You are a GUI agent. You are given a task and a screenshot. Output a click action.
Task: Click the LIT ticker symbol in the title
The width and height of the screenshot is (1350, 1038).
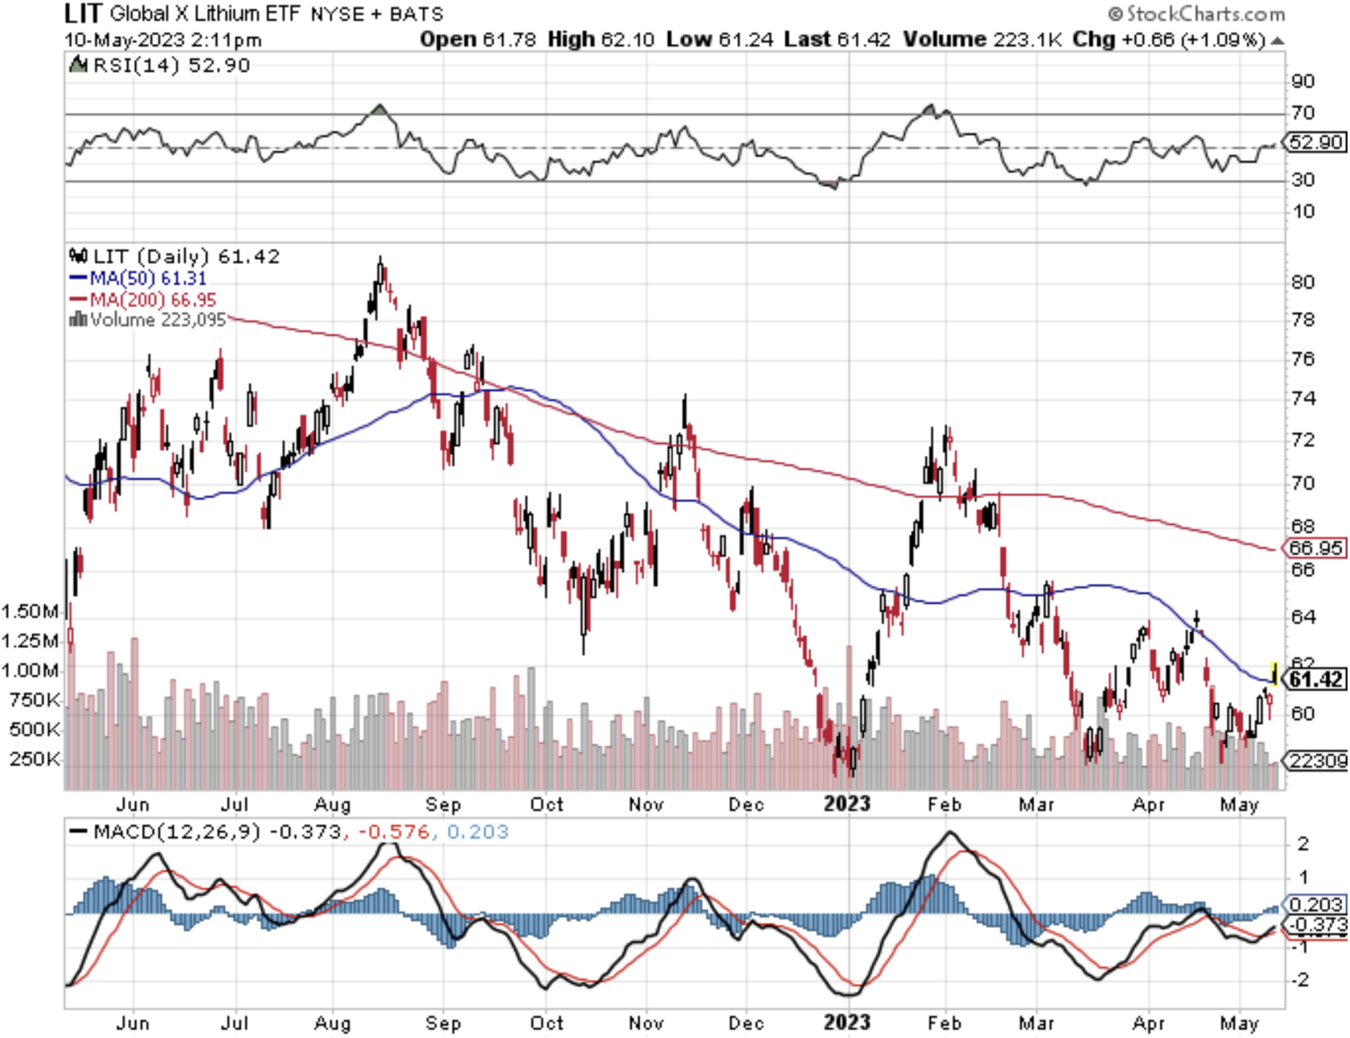[x=82, y=13]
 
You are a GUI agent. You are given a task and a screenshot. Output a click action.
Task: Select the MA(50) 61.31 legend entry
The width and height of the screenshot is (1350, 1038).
[x=138, y=278]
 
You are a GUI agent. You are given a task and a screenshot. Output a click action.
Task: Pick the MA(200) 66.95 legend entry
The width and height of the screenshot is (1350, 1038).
[x=143, y=299]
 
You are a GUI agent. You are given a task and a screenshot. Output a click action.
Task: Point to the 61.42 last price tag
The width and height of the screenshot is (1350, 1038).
[x=1315, y=680]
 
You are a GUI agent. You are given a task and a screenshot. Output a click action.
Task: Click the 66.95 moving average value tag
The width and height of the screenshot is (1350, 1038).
[x=1315, y=548]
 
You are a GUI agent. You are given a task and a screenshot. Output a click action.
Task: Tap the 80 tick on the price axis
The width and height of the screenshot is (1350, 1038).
[x=1302, y=282]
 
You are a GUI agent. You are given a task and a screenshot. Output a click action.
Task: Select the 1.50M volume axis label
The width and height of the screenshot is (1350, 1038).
[x=29, y=612]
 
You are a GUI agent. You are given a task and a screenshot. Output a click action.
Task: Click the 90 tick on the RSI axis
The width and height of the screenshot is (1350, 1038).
[x=1302, y=81]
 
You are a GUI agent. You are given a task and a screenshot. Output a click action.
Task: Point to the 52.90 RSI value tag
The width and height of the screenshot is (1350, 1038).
[x=1315, y=142]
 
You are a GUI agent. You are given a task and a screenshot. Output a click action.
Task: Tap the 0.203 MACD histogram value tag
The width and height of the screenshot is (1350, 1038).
[x=1315, y=904]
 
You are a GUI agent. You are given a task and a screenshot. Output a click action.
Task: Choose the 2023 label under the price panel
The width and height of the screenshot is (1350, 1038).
[x=846, y=804]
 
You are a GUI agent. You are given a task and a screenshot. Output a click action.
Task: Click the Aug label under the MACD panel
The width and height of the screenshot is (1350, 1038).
[x=332, y=1023]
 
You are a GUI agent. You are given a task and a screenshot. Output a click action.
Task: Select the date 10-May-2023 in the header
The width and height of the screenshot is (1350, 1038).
[x=125, y=40]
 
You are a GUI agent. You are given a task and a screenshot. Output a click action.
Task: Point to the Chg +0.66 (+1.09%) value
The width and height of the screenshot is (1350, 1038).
[x=1169, y=40]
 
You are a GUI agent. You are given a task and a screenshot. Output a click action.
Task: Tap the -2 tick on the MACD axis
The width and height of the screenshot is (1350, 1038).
[x=1302, y=980]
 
